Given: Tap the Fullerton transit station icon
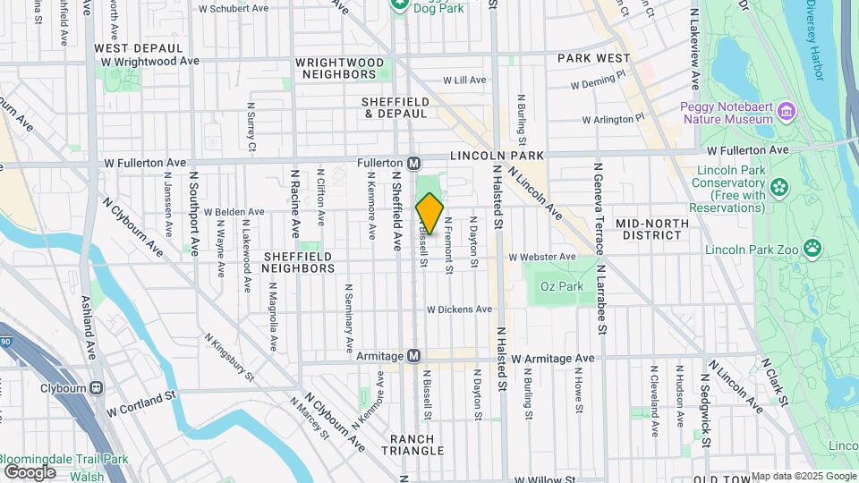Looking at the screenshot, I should (x=414, y=164).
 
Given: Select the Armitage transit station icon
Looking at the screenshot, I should (x=414, y=356).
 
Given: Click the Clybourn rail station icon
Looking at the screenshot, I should (x=96, y=388).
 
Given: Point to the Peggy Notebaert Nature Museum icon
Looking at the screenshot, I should (x=787, y=111).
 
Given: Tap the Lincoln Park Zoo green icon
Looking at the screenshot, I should (x=812, y=247).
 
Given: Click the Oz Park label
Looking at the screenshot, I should (x=561, y=286).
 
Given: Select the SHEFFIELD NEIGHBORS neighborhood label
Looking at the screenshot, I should (x=299, y=261).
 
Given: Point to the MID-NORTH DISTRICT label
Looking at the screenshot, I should (x=651, y=229).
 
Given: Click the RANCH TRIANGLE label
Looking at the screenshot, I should (x=412, y=445).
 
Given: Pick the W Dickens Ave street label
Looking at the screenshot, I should (x=459, y=309).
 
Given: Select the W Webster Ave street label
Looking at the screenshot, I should (x=542, y=257).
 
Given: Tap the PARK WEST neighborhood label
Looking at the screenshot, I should (x=594, y=57).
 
